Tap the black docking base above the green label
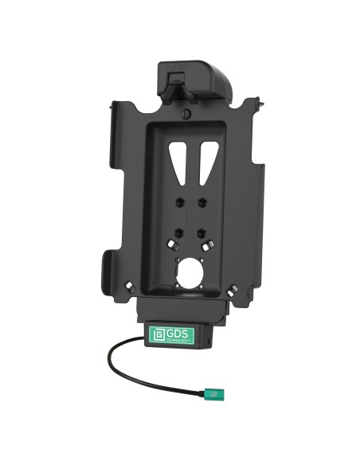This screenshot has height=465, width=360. click(182, 311)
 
